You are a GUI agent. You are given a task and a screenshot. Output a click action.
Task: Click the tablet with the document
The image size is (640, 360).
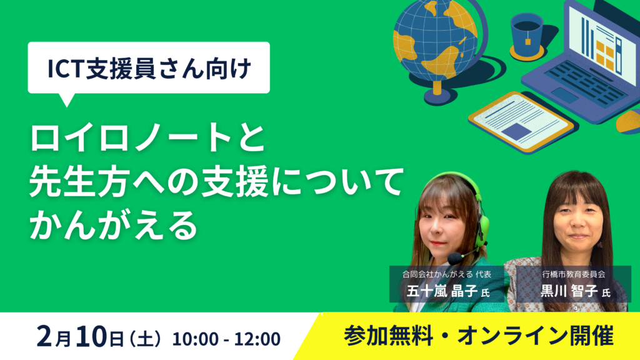pos(521,122)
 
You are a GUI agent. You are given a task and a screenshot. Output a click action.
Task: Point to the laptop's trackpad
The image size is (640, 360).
pos(564,95)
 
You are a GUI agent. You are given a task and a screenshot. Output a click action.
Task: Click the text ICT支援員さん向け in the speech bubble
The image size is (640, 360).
pos(149,68)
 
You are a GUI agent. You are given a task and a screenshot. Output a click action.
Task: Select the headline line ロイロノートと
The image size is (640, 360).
pos(147,137)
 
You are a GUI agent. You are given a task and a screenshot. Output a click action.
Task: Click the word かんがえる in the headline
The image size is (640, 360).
pos(114,225)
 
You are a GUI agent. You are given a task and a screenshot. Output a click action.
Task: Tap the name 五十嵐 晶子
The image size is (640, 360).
pos(442,291)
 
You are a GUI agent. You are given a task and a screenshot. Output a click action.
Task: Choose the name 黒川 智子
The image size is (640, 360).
pos(569,291)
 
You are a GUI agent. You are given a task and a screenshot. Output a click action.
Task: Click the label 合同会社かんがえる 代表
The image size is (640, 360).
pos(446,274)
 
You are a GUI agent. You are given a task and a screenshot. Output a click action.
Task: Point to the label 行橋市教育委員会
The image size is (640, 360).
pos(574,274)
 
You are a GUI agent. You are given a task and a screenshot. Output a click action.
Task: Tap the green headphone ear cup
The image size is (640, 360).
pos(483,229)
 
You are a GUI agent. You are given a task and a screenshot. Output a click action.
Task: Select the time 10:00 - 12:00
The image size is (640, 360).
pos(226,339)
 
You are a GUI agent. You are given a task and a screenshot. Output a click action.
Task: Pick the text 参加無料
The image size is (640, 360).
pos(388,336)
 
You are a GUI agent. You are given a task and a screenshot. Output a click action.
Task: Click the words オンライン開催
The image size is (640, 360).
pos(536,336)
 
